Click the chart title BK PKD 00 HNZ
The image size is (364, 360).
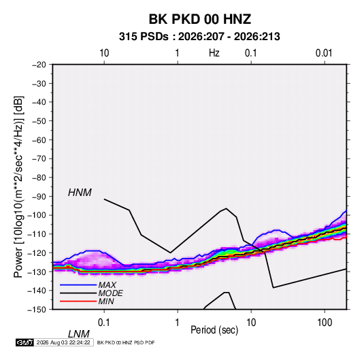pyautogui.click(x=199, y=19)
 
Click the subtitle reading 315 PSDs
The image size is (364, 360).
pyautogui.click(x=144, y=37)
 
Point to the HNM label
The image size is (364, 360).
pyautogui.click(x=80, y=193)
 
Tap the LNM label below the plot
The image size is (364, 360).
pyautogui.click(x=78, y=334)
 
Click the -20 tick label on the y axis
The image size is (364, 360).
pyautogui.click(x=39, y=65)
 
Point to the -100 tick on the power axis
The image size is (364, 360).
pyautogui.click(x=37, y=215)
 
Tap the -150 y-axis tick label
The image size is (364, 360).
pyautogui.click(x=37, y=310)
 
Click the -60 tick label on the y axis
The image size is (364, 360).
pyautogui.click(x=39, y=140)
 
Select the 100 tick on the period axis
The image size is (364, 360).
pyautogui.click(x=325, y=323)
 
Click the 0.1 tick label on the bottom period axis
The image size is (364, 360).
pyautogui.click(x=104, y=323)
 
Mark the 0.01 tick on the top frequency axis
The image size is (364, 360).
pyautogui.click(x=324, y=53)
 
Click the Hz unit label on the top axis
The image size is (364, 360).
pyautogui.click(x=214, y=53)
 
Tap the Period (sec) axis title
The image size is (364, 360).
pyautogui.click(x=214, y=330)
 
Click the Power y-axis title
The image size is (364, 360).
pyautogui.click(x=18, y=187)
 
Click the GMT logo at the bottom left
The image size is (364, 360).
pyautogui.click(x=24, y=342)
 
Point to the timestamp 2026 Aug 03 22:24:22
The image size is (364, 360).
pyautogui.click(x=63, y=342)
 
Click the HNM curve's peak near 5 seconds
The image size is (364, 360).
pyautogui.click(x=227, y=208)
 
